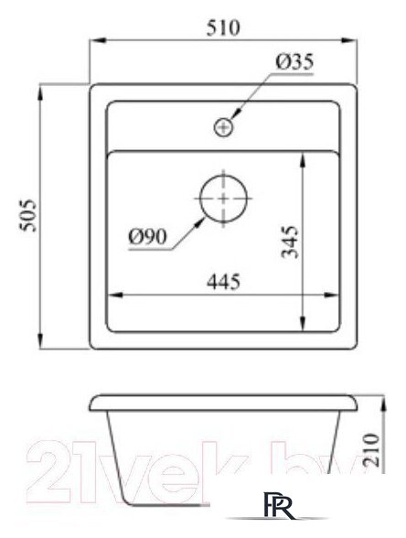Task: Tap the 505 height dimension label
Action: click(28, 216)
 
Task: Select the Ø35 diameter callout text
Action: click(293, 62)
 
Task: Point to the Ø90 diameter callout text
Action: click(146, 236)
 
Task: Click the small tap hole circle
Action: click(222, 128)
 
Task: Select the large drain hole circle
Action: click(222, 199)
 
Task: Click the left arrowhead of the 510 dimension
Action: click(94, 39)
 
